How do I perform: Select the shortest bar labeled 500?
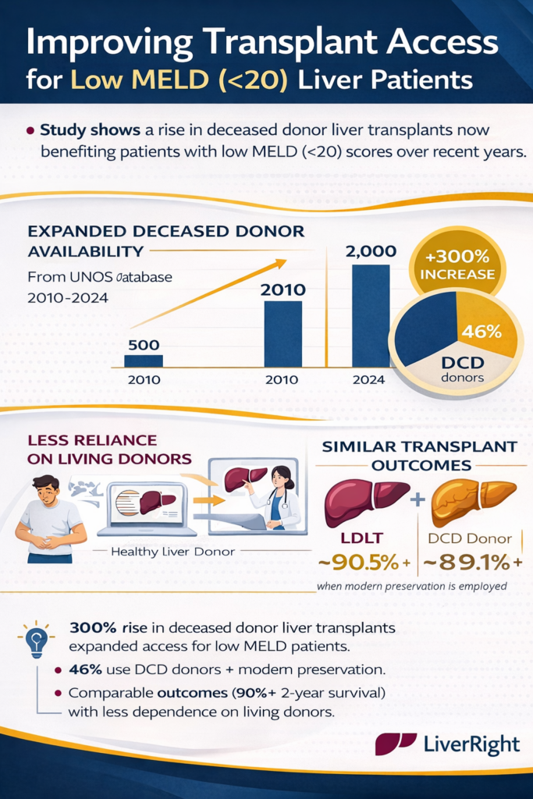(144, 360)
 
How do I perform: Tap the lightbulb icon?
(35, 639)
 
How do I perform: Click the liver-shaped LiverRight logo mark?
(396, 744)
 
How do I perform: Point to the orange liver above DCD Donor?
(472, 498)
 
